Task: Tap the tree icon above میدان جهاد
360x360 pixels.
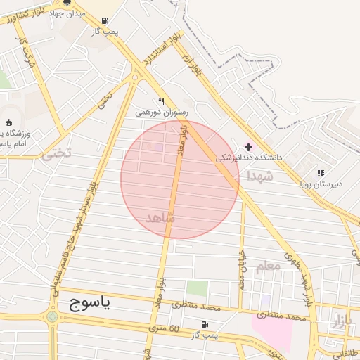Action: [67, 3]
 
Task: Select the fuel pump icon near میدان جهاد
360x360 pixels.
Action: [105, 21]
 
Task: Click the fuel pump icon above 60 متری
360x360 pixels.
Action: [205, 324]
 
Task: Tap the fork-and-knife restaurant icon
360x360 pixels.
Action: [161, 101]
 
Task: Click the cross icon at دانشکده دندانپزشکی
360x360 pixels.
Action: [249, 147]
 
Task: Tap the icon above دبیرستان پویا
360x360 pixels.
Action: [321, 173]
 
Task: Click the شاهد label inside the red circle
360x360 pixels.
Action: [159, 219]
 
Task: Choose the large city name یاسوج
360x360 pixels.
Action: [91, 302]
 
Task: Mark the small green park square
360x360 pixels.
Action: [198, 288]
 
